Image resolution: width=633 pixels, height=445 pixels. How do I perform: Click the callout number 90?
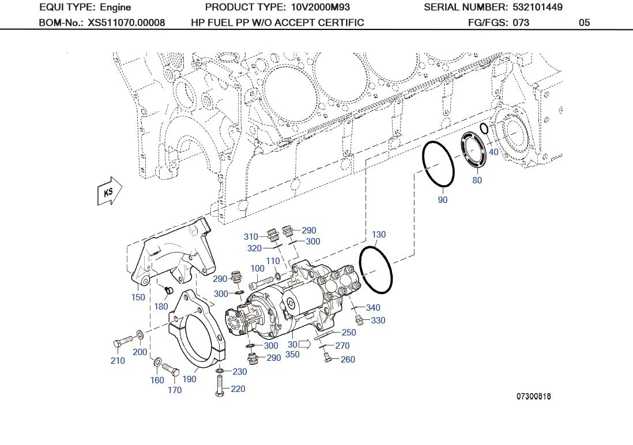pyautogui.click(x=442, y=200)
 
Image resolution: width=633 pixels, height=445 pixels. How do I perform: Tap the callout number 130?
pyautogui.click(x=379, y=235)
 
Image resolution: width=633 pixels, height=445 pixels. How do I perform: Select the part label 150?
pyautogui.click(x=138, y=297)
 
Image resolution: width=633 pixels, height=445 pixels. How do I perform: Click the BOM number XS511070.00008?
pyautogui.click(x=126, y=22)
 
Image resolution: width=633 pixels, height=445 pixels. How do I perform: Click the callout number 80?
pyautogui.click(x=477, y=180)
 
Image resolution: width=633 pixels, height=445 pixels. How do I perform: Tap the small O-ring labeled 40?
pyautogui.click(x=484, y=128)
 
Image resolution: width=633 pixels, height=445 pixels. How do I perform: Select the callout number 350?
pyautogui.click(x=292, y=355)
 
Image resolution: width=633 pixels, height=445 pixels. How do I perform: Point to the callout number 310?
pyautogui.click(x=251, y=237)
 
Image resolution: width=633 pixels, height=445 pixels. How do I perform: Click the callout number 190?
pyautogui.click(x=189, y=379)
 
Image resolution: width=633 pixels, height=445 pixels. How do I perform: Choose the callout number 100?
pyautogui.click(x=258, y=269)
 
